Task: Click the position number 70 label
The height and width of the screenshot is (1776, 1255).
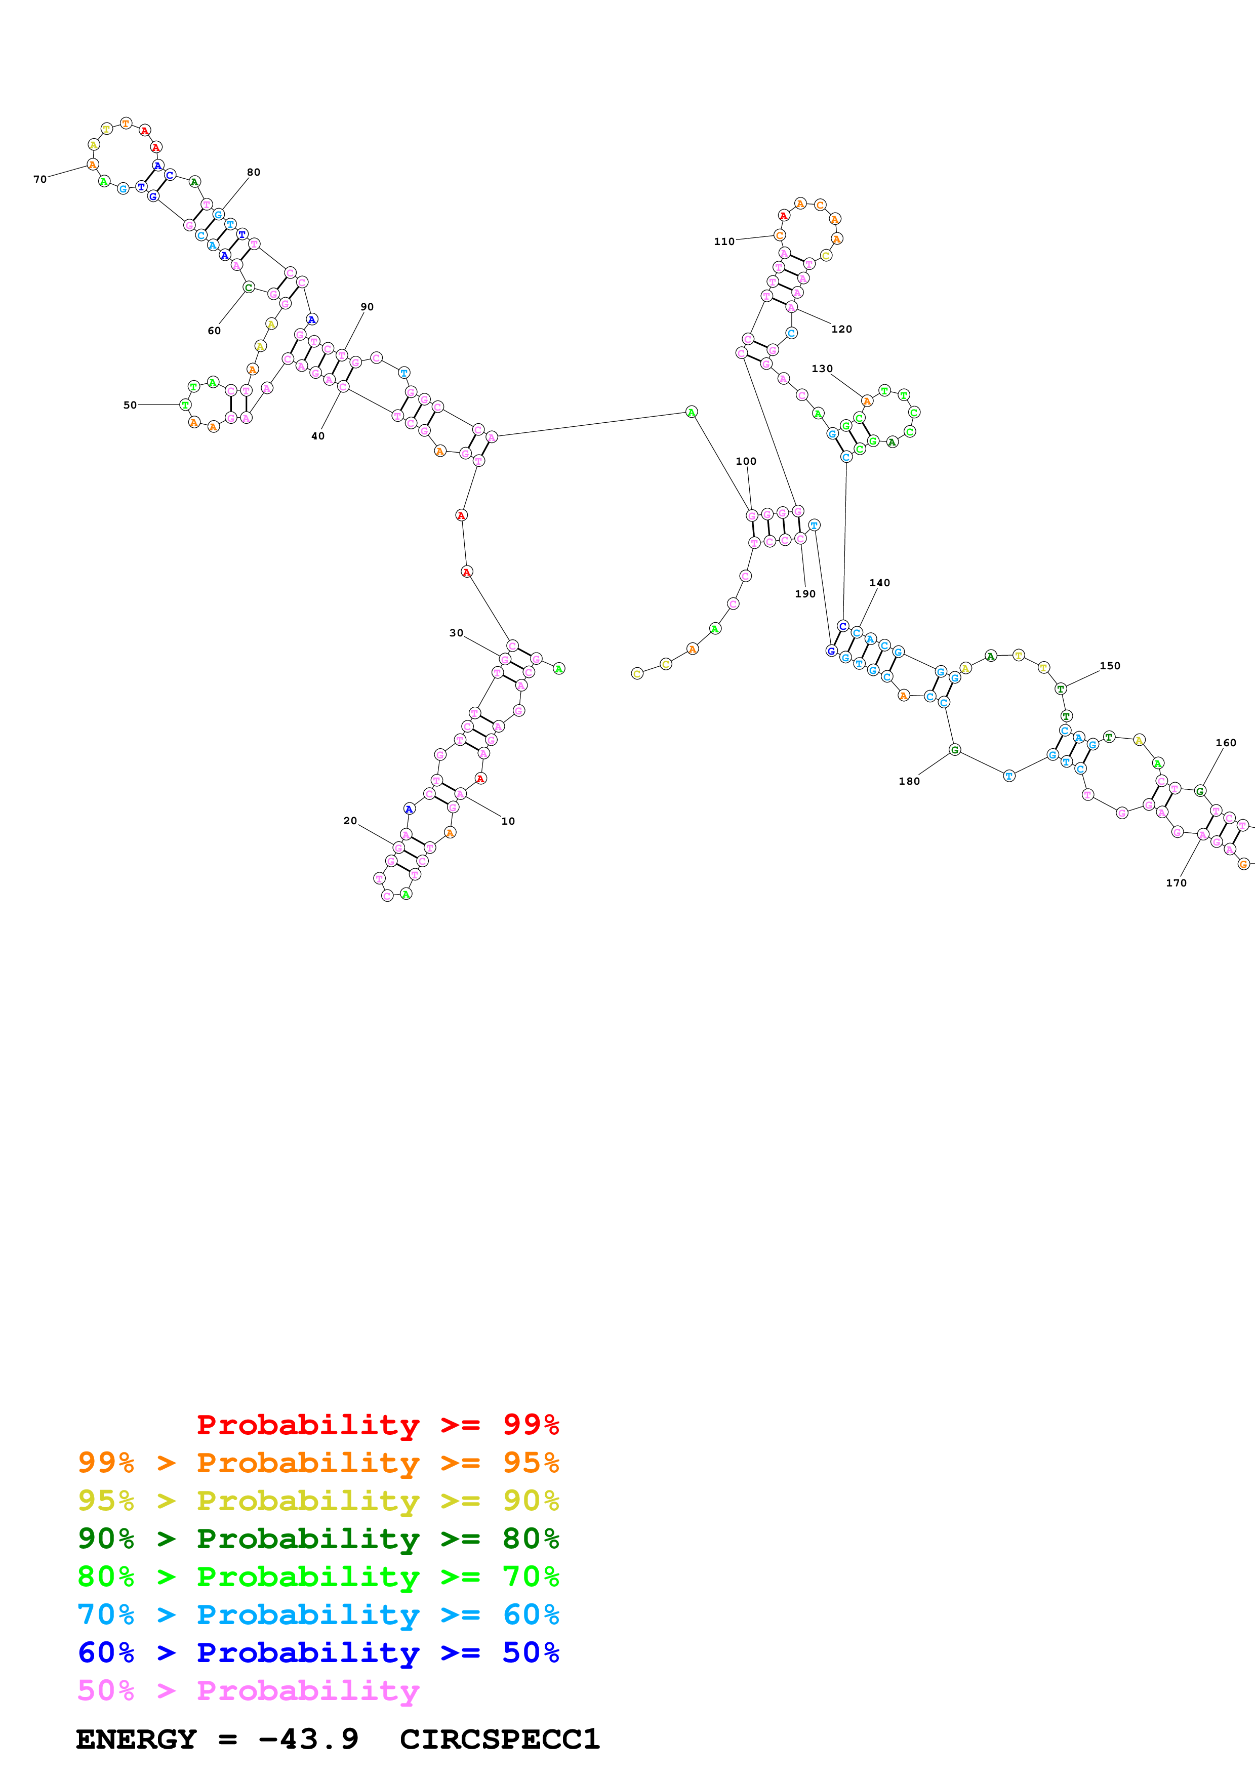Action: [40, 179]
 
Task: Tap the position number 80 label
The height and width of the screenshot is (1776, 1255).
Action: [254, 173]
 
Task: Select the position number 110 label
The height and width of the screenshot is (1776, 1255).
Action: [724, 242]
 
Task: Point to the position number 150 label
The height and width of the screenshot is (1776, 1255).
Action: [1110, 666]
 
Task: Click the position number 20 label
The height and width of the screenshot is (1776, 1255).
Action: [350, 821]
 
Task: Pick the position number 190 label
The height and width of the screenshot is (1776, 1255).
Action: [805, 594]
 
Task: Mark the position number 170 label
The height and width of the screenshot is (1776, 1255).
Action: [1176, 882]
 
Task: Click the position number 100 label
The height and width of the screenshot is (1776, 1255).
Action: [746, 462]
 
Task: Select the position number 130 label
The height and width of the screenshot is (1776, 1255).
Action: [822, 369]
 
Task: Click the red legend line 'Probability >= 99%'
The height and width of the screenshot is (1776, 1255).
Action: [378, 1424]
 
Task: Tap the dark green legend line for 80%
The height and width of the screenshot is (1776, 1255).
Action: [318, 1539]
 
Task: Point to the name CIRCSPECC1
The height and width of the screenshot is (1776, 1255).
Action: [500, 1740]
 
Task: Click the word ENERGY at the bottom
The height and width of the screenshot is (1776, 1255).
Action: [136, 1740]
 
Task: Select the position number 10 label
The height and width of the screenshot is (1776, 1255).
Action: [508, 822]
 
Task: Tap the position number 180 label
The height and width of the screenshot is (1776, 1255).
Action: [909, 781]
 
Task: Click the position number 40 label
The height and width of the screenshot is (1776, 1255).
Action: [318, 436]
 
